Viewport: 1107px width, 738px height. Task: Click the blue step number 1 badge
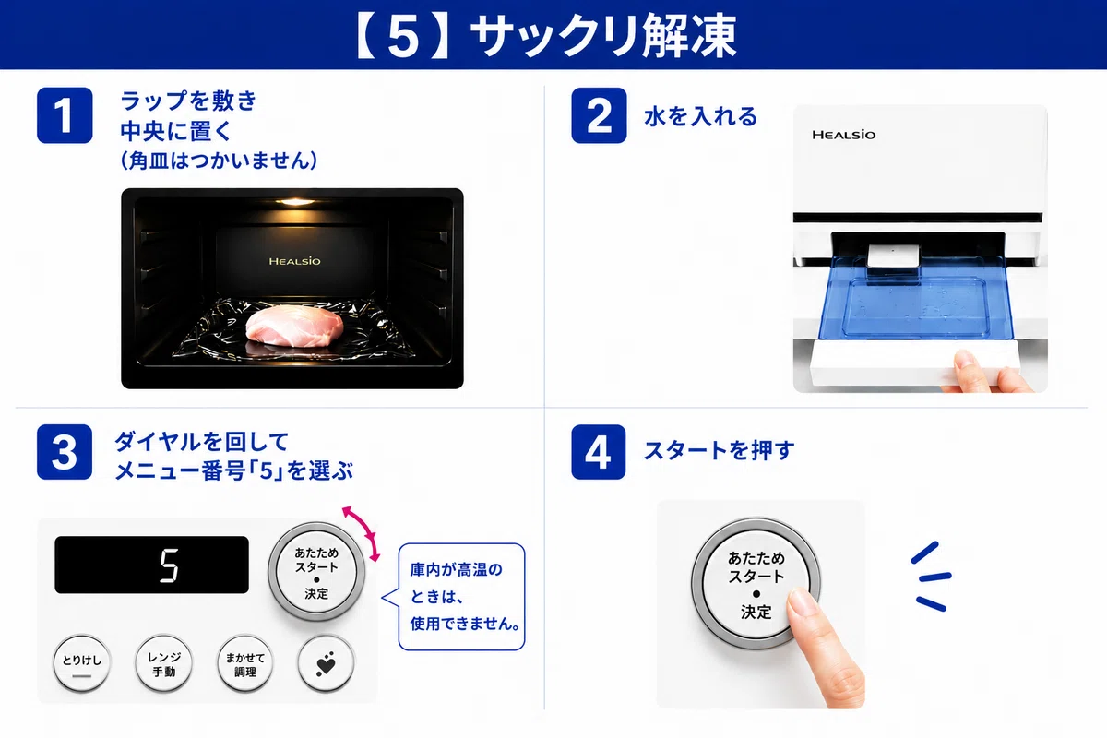tap(65, 115)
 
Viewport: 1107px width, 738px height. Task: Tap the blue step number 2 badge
tap(599, 115)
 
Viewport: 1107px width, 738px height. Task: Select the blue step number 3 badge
tap(65, 452)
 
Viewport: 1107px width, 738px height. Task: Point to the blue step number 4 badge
tap(599, 452)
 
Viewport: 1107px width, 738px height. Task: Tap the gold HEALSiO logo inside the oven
tap(294, 261)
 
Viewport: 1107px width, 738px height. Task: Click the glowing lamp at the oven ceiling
tap(295, 201)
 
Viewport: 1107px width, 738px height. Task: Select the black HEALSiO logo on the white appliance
tap(843, 135)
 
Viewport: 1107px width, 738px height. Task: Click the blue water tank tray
tap(915, 298)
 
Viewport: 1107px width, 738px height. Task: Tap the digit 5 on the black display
tap(169, 565)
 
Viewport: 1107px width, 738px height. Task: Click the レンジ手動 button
tap(163, 664)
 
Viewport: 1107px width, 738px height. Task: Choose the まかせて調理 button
tap(245, 664)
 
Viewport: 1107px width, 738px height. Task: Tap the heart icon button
tap(326, 664)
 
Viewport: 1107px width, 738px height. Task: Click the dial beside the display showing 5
tap(316, 572)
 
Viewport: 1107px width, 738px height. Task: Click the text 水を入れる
tap(701, 116)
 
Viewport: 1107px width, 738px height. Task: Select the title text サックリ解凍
tap(604, 36)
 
